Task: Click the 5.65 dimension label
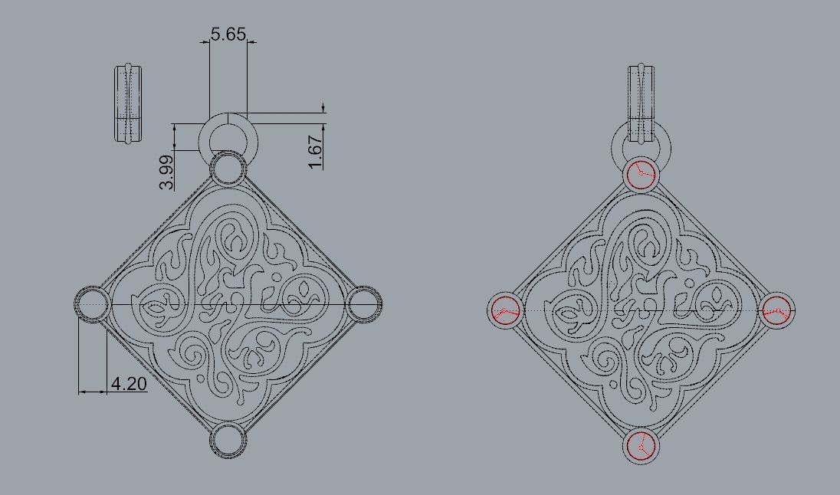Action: (228, 34)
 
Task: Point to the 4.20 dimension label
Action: (129, 383)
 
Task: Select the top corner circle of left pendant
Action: (228, 169)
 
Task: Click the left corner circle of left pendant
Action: (92, 304)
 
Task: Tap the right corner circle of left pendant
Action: (363, 304)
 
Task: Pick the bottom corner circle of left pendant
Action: (228, 440)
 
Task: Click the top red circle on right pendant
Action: (641, 175)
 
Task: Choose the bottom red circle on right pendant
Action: (641, 445)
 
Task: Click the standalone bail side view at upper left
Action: (128, 104)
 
